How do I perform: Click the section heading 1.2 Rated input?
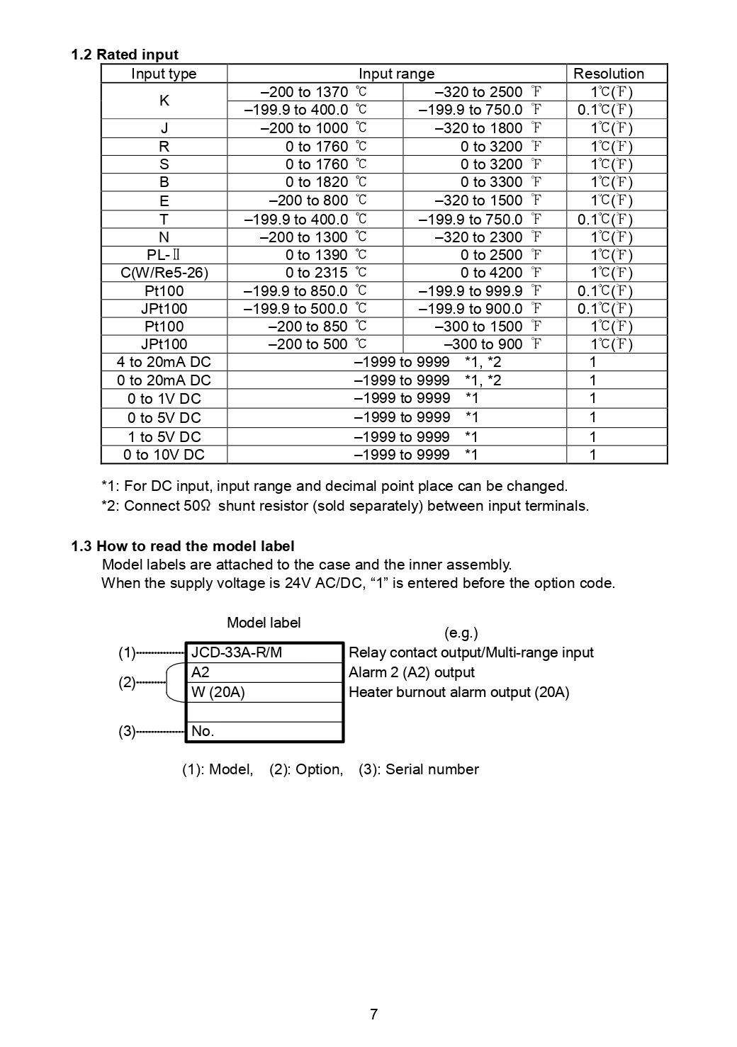125,55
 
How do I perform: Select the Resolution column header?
608,74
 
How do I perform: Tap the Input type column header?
164,74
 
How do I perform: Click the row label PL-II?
164,255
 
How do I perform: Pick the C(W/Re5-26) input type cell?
164,273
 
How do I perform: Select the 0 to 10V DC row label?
164,455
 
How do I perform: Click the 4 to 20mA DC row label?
164,362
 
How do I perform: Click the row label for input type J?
164,128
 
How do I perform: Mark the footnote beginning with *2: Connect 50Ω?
345,506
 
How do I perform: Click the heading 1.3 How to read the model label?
183,546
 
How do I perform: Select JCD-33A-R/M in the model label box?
237,652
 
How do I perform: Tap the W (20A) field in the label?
218,692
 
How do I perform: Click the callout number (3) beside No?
126,731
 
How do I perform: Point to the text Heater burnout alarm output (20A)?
458,692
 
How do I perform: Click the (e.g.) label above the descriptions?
461,633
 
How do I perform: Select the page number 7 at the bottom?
373,1014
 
